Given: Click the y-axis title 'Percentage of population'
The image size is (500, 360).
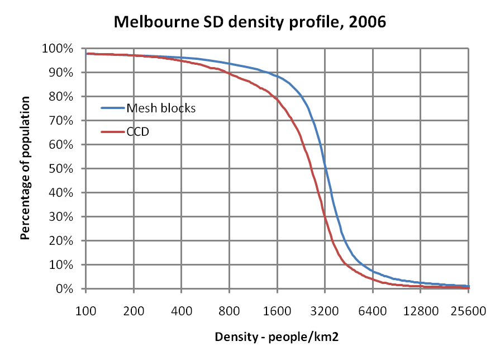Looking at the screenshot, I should click(x=25, y=168).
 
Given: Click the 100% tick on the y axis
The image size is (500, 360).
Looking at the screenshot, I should click(x=58, y=49).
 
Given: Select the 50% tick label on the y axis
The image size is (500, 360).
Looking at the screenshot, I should click(x=60, y=169).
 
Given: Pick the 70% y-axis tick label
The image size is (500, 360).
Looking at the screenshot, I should click(x=60, y=121).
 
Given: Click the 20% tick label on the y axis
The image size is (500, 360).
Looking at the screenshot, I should click(x=60, y=241).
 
